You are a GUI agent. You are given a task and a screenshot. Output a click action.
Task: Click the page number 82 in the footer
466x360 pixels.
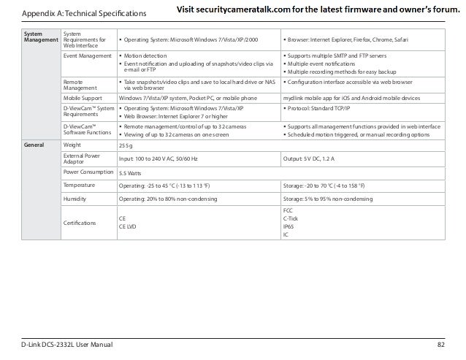(440, 343)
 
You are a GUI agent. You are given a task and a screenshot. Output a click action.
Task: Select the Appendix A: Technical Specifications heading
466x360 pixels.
(84, 14)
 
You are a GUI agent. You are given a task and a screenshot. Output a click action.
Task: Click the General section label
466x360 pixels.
(34, 145)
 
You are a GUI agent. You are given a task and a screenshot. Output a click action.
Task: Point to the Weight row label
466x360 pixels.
(74, 145)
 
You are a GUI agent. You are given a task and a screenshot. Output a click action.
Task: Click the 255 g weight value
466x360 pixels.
(126, 145)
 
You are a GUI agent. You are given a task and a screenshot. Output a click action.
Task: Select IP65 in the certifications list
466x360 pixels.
(289, 226)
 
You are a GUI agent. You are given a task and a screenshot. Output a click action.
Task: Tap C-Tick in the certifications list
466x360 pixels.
(291, 218)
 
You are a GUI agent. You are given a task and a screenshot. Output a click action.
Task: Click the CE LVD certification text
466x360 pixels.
(129, 226)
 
